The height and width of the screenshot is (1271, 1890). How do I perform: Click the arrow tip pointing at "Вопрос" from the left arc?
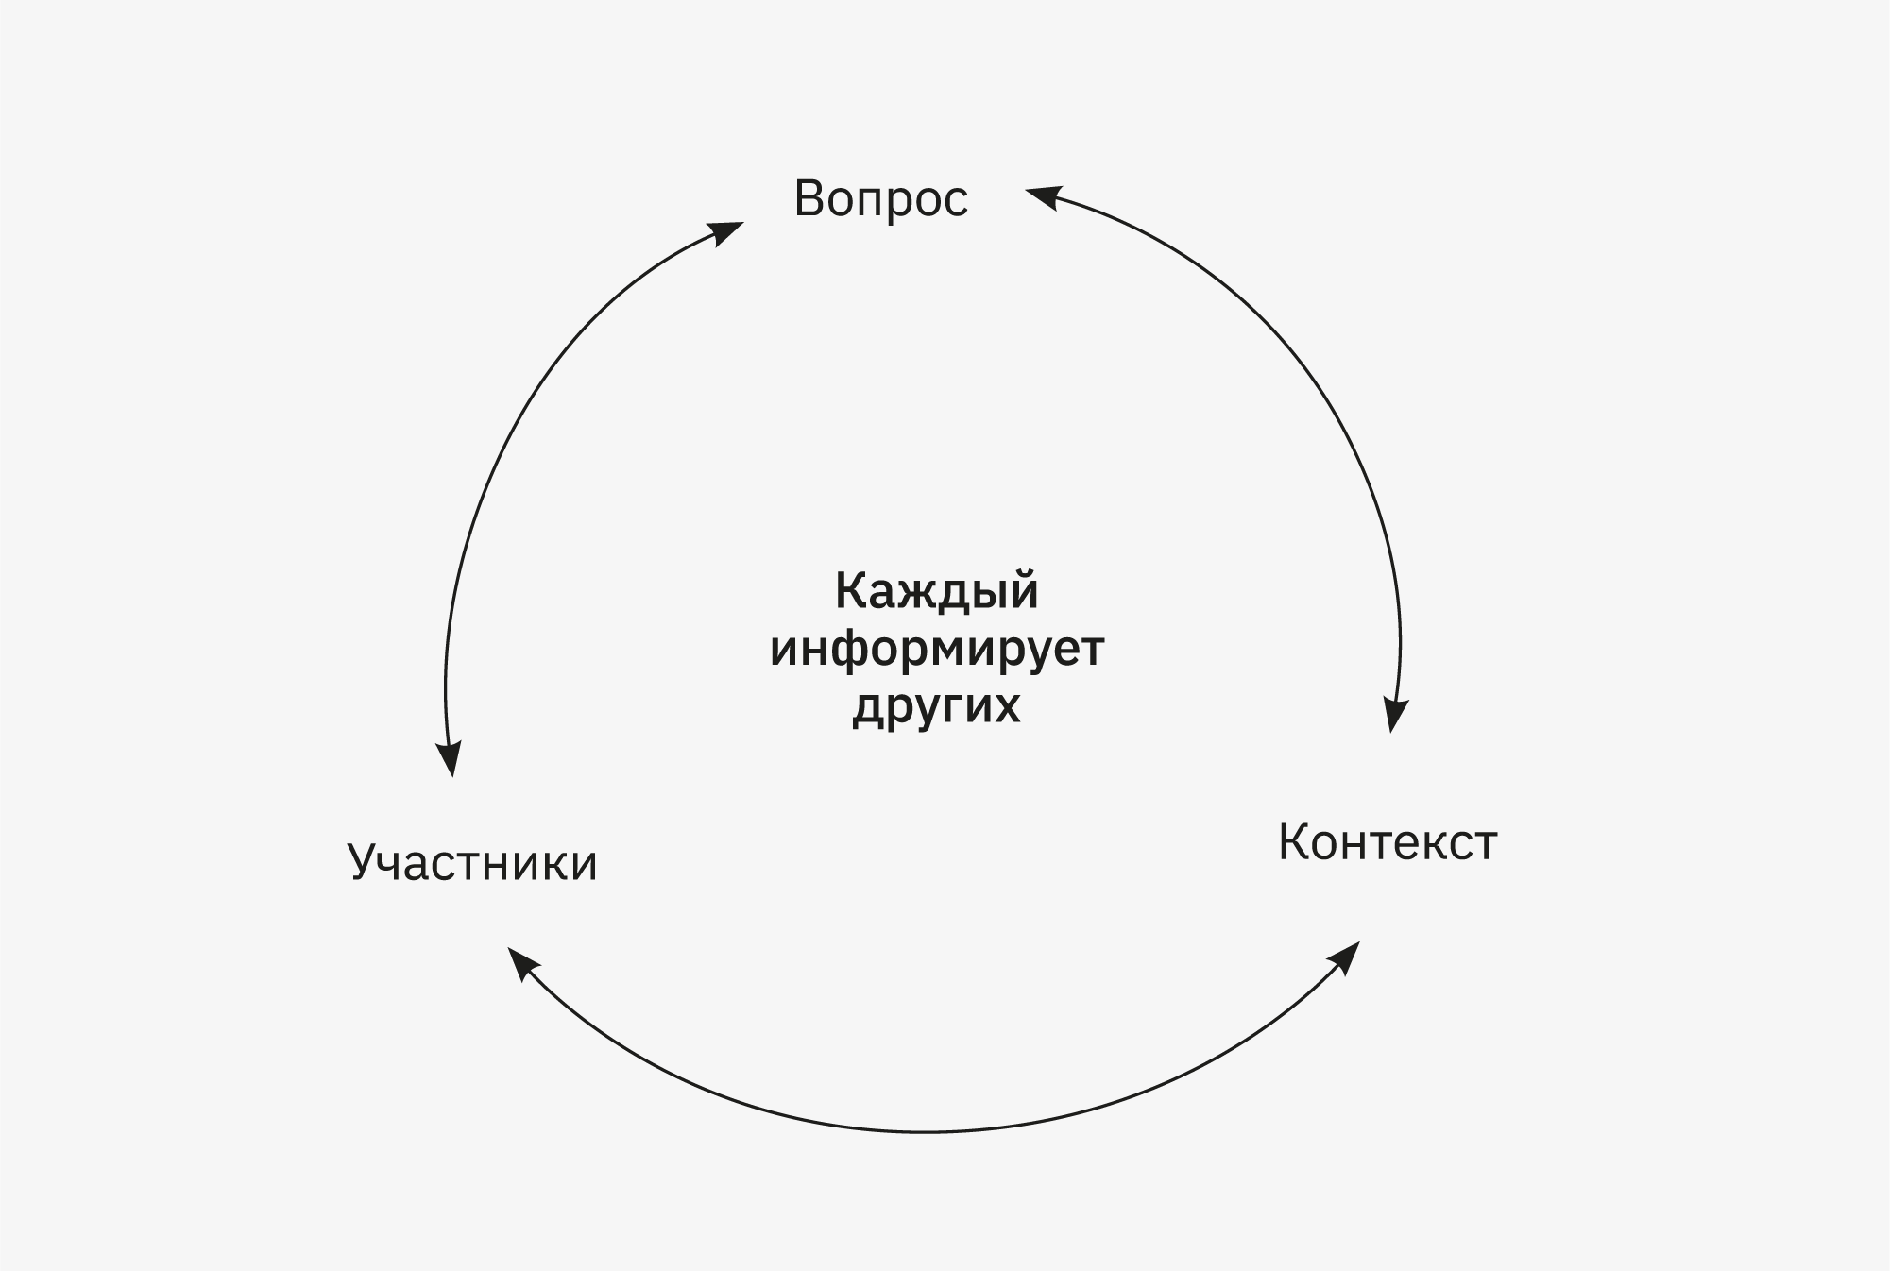pyautogui.click(x=744, y=223)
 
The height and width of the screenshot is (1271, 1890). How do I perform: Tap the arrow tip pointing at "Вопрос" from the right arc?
pyautogui.click(x=1026, y=189)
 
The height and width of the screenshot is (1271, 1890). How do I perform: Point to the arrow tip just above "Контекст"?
pyautogui.click(x=1391, y=733)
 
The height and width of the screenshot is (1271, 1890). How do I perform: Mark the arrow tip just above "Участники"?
pyautogui.click(x=453, y=777)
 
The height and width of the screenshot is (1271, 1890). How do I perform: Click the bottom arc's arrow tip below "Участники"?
pyautogui.click(x=508, y=948)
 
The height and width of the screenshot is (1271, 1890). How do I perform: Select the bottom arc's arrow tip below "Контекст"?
pyautogui.click(x=1360, y=941)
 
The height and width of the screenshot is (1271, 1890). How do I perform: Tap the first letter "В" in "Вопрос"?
pyautogui.click(x=809, y=198)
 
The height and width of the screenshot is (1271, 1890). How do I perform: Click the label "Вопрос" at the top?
pyautogui.click(x=881, y=199)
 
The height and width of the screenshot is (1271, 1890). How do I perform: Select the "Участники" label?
pyautogui.click(x=472, y=862)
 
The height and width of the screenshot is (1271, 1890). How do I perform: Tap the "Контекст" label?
pyautogui.click(x=1388, y=842)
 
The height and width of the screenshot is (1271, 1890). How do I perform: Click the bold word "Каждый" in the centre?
pyautogui.click(x=937, y=592)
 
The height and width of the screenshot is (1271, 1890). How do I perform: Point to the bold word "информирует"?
pyautogui.click(x=937, y=650)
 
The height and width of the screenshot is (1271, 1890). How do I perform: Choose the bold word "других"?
pyautogui.click(x=937, y=705)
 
